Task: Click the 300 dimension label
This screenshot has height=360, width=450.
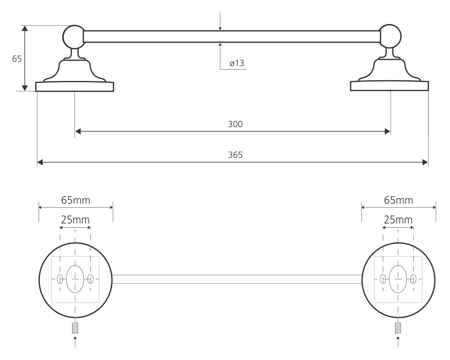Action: click(x=235, y=124)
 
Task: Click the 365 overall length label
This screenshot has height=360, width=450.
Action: click(x=235, y=155)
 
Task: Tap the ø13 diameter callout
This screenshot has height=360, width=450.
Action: click(x=237, y=63)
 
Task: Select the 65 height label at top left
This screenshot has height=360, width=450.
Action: click(x=17, y=59)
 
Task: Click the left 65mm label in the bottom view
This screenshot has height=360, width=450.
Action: click(x=76, y=200)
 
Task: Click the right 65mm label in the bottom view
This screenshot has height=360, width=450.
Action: click(x=399, y=200)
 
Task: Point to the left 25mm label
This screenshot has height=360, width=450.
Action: click(x=75, y=220)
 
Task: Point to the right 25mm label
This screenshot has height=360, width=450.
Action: click(x=398, y=220)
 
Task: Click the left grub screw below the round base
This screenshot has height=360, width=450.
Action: click(x=75, y=328)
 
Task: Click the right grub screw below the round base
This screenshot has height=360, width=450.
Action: click(x=398, y=328)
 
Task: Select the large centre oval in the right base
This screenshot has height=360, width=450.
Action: click(x=398, y=279)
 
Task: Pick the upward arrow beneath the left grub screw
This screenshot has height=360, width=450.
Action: click(x=75, y=341)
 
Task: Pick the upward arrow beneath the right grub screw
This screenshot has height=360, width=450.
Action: click(x=398, y=341)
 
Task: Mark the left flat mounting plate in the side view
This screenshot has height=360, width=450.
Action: click(x=75, y=87)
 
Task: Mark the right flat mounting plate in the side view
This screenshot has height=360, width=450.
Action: click(x=389, y=86)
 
